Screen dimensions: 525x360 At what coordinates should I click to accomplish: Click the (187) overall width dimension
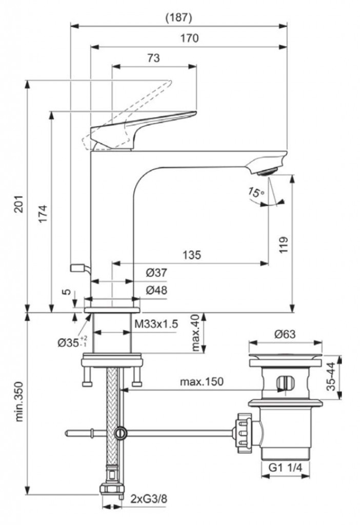(x=178, y=17)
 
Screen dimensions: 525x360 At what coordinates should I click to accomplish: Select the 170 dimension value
(x=189, y=38)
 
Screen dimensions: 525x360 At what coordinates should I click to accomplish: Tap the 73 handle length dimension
(x=153, y=58)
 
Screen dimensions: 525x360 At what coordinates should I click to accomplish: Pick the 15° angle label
(x=255, y=193)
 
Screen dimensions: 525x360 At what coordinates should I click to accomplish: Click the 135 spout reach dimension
(x=191, y=255)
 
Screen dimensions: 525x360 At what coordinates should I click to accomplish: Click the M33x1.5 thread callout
(x=156, y=324)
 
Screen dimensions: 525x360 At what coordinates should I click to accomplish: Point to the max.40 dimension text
(x=195, y=333)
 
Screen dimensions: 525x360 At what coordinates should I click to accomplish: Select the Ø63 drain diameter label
(x=285, y=334)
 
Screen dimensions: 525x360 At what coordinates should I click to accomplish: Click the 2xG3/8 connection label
(x=148, y=498)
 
